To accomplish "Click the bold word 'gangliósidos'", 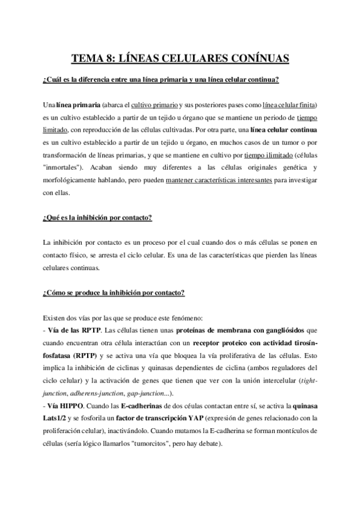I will (x=282, y=330).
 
